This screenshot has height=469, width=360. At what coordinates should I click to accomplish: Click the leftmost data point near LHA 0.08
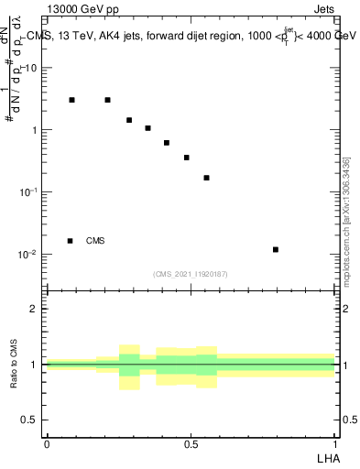[x=71, y=100]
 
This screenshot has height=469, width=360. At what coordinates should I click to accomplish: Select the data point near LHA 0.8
[x=276, y=249]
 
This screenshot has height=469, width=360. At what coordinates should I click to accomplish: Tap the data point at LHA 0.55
[x=206, y=178]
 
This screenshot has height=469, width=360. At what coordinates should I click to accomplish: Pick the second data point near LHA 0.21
[x=107, y=100]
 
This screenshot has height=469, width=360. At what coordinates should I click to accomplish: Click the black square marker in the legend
[x=71, y=241]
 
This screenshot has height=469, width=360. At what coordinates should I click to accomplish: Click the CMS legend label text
[x=95, y=241]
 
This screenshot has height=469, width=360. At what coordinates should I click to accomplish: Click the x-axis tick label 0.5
[x=191, y=443]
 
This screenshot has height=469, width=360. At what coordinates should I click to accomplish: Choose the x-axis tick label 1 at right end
[x=334, y=443]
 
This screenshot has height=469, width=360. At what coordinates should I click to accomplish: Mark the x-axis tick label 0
[x=47, y=443]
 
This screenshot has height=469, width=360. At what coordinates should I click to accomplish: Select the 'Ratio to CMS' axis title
[x=14, y=364]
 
